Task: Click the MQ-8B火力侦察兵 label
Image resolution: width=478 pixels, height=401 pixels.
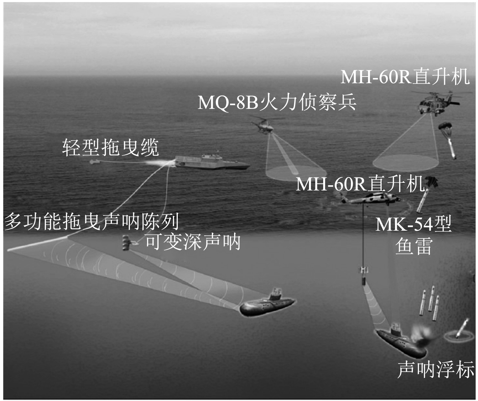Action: (277, 102)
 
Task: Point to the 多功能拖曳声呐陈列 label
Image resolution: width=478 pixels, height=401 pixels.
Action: (91, 221)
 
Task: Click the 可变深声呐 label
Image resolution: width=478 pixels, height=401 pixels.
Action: (193, 241)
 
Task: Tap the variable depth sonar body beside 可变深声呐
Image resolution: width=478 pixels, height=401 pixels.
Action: (126, 243)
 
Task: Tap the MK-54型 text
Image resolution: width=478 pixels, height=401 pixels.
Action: (413, 224)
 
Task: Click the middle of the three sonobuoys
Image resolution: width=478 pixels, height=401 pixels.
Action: (431, 298)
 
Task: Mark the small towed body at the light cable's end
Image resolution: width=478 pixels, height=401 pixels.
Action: (93, 162)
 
